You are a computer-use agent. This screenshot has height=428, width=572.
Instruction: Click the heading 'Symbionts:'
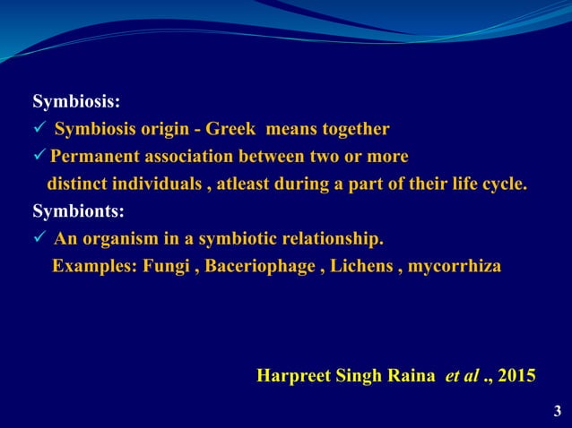point(78,212)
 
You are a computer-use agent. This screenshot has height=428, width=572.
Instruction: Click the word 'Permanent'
point(93,158)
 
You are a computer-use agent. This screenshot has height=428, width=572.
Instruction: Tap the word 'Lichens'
point(359,266)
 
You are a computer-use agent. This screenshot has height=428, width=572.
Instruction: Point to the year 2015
point(516,375)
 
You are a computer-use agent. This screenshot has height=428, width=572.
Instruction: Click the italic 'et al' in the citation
point(465,375)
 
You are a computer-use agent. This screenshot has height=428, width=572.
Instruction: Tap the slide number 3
point(557,412)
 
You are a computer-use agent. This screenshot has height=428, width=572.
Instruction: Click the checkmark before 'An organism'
point(39,239)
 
